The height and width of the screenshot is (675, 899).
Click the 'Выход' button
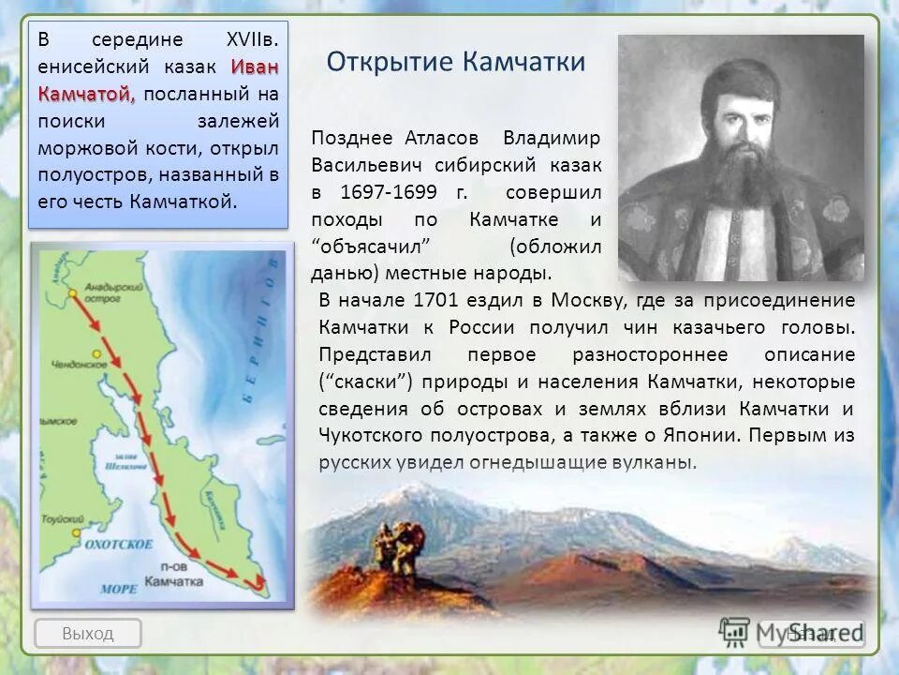click(x=87, y=633)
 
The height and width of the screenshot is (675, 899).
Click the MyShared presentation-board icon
click(x=735, y=633)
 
